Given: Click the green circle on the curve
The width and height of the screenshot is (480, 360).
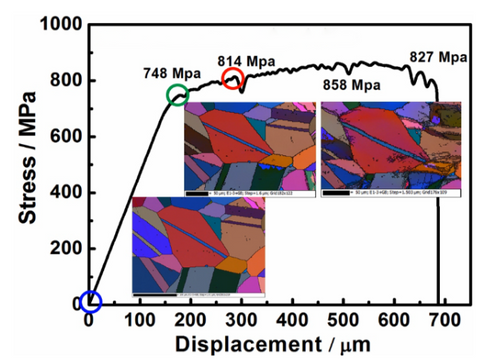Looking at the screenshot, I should click(177, 95).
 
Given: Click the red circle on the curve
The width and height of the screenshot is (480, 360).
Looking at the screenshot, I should click(233, 79).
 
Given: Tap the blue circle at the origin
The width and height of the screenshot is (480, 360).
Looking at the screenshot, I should click(89, 301).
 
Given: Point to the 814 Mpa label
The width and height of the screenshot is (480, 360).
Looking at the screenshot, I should click(245, 60).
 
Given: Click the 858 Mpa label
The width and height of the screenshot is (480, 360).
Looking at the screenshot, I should click(351, 85).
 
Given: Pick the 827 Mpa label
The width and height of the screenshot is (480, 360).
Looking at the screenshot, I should click(440, 56).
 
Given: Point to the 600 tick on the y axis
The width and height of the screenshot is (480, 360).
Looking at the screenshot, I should click(63, 136).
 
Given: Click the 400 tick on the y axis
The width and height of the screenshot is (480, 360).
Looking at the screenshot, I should click(63, 192).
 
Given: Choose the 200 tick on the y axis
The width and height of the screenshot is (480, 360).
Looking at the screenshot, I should click(63, 247).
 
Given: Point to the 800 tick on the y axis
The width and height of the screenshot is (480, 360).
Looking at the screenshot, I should click(63, 81).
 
